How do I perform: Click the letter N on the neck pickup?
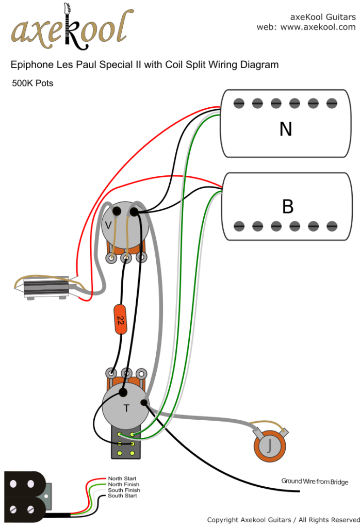pos(285,129)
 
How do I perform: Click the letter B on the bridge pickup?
pos(287,206)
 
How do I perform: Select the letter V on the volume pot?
pos(108,225)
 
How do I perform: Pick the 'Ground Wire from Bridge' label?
pos(314,482)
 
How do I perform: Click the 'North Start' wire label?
pos(122,479)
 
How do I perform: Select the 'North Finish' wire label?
pos(123,485)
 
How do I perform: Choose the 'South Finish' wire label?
pos(123,490)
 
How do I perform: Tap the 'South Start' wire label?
pos(122,496)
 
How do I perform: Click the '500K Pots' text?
pos(32,83)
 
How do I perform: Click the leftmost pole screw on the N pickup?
pos(238,103)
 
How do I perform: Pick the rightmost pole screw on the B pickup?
pos(331,225)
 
